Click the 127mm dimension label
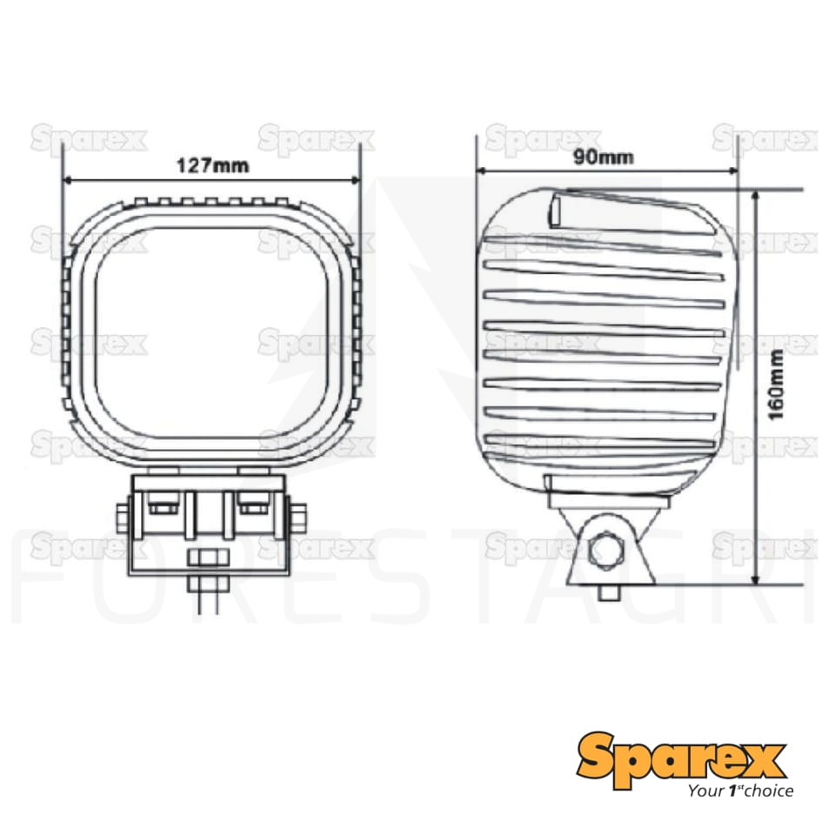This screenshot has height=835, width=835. point(212,165)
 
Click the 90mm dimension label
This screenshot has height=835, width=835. point(604,157)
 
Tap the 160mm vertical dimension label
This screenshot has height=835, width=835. point(777,384)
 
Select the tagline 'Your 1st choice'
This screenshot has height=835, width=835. point(739,791)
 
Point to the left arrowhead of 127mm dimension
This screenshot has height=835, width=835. point(67,180)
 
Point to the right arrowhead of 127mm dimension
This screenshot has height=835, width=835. point(356,180)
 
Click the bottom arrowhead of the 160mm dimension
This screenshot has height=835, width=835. point(755,579)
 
